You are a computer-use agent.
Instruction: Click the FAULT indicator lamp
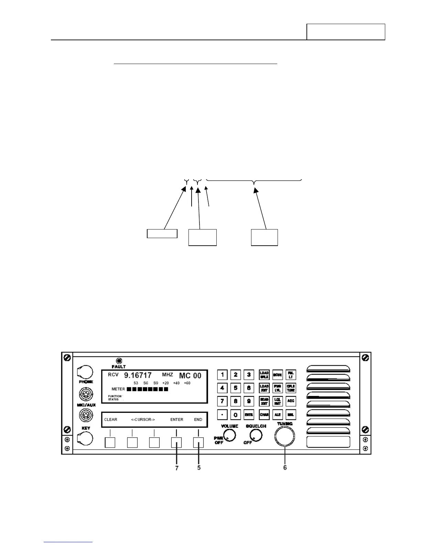(119, 361)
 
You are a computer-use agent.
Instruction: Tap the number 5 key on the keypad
(236, 388)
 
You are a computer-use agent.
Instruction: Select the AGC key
(291, 401)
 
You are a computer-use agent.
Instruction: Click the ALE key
(278, 415)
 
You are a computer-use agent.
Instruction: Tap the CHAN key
(264, 415)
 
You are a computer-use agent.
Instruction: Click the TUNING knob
(285, 436)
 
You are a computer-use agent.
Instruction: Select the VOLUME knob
(229, 436)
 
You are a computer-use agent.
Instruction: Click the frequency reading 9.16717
(138, 375)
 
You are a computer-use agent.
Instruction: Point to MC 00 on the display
(190, 376)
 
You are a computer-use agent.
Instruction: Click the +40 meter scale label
(176, 383)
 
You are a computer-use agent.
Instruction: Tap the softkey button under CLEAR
(110, 442)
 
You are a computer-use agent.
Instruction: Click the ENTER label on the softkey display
(177, 420)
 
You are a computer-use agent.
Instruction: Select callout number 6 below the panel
(285, 468)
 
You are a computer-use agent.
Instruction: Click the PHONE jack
(85, 372)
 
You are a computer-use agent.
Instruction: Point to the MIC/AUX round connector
(85, 394)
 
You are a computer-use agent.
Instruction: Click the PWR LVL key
(278, 388)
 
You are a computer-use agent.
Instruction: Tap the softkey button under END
(198, 442)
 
